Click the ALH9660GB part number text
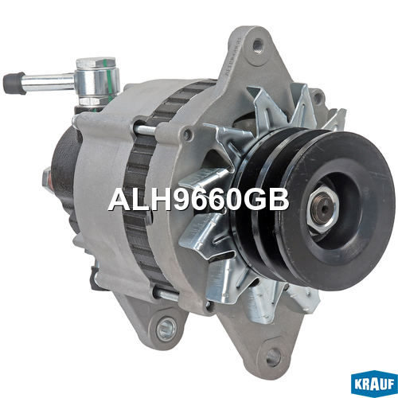point(198,200)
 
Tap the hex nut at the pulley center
point(323,209)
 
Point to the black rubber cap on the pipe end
point(14,83)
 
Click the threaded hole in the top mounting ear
point(258,45)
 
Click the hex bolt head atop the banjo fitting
point(96,63)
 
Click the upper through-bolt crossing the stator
point(146,129)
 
